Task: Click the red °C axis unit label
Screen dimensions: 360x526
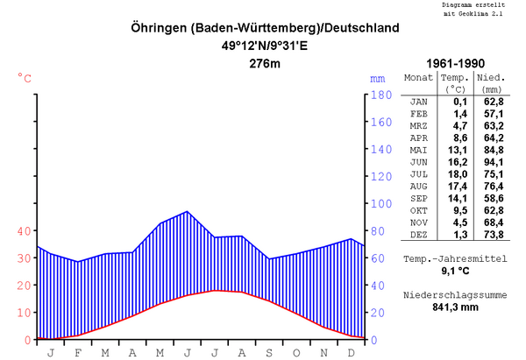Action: (25, 78)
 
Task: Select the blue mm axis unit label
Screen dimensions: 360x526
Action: (377, 78)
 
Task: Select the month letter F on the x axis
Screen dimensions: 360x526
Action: (77, 352)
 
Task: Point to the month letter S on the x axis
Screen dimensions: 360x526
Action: (269, 352)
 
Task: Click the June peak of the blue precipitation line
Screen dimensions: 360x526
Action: (187, 211)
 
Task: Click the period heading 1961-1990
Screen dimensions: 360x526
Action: (456, 65)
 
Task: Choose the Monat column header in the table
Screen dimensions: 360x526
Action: (418, 77)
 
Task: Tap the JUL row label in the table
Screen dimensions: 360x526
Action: (418, 175)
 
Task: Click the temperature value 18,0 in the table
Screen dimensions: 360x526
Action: (454, 175)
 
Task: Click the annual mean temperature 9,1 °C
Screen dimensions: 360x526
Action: (456, 272)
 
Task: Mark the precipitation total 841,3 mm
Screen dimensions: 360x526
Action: (456, 307)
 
